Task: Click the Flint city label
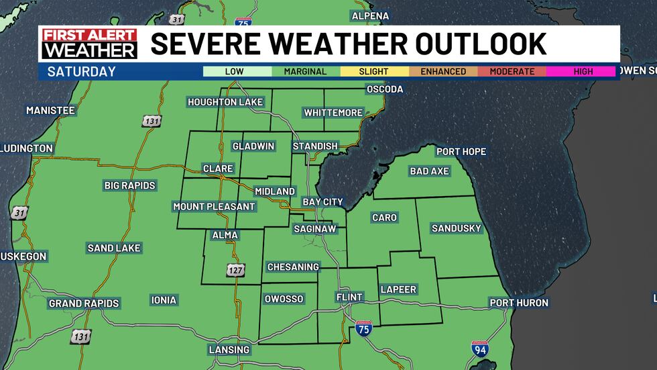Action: (349, 297)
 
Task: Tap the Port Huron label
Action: (519, 303)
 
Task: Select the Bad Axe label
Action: (429, 171)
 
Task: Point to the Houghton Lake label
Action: (225, 102)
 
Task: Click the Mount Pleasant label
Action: (214, 207)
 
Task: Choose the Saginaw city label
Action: (314, 229)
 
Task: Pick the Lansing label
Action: (229, 350)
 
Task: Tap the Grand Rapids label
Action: (84, 304)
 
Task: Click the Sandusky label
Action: (457, 228)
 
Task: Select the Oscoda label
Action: (385, 89)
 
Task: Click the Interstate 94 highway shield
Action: (480, 349)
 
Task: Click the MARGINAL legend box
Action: (306, 71)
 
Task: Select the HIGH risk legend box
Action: (582, 71)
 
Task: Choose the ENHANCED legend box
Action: (443, 71)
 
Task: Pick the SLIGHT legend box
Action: (374, 71)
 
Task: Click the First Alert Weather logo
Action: (89, 44)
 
